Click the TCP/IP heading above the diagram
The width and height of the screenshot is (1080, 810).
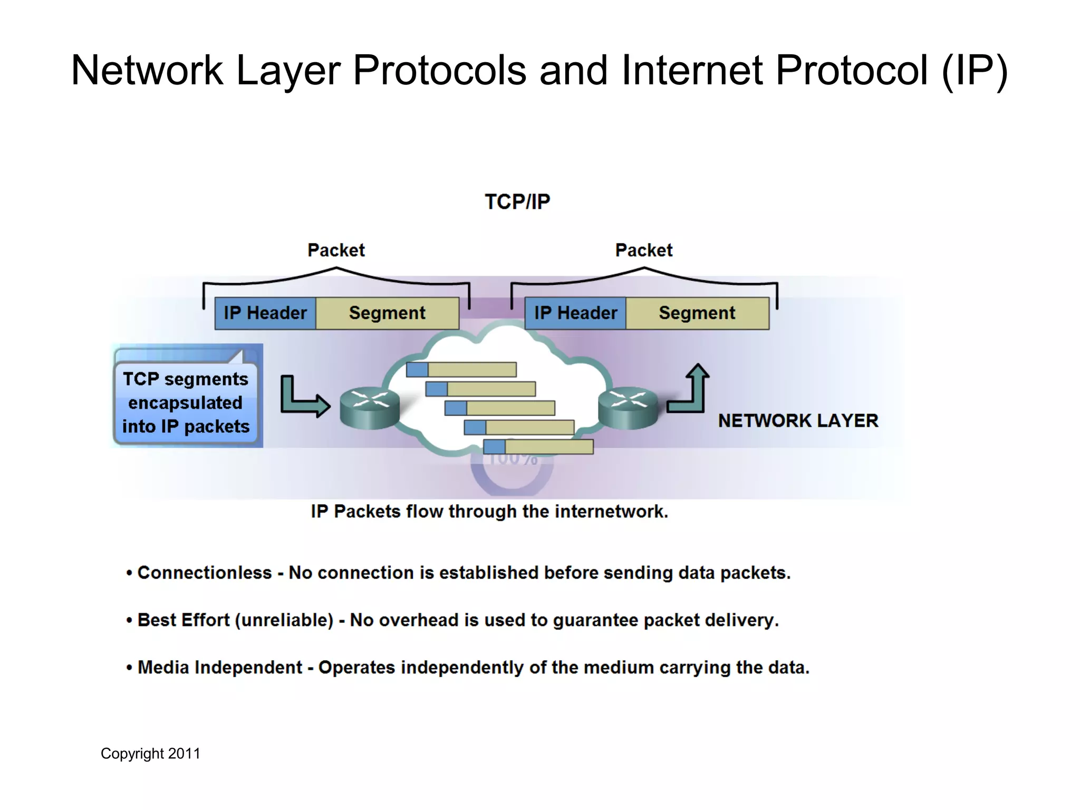click(517, 202)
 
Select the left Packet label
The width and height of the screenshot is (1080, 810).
click(336, 250)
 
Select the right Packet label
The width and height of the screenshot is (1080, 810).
click(643, 250)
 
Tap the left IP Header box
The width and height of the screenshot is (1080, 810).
click(265, 313)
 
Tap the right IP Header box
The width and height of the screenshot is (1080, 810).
click(575, 313)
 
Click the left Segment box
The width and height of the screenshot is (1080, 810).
click(387, 313)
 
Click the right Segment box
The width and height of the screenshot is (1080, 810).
click(697, 313)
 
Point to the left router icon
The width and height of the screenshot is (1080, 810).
click(369, 409)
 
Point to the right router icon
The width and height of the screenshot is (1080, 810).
click(628, 409)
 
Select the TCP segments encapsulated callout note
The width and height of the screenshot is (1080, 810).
click(186, 402)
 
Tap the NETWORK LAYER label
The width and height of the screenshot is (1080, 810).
click(798, 421)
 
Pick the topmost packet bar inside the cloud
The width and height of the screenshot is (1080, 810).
click(461, 370)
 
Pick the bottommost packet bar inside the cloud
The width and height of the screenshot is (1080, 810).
click(538, 447)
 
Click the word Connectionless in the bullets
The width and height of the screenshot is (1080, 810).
click(205, 573)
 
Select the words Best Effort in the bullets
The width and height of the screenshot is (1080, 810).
click(184, 620)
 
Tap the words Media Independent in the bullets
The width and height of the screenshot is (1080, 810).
click(220, 668)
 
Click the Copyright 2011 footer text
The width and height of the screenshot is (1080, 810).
click(151, 754)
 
